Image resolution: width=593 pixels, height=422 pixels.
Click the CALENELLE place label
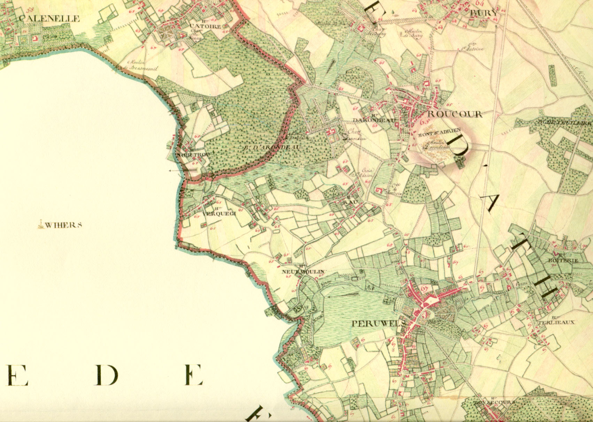coord(49,19)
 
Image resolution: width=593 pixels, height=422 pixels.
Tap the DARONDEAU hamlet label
coord(375,120)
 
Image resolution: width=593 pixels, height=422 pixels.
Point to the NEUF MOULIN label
coord(303,271)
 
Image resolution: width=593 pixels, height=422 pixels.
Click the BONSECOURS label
coord(494,402)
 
